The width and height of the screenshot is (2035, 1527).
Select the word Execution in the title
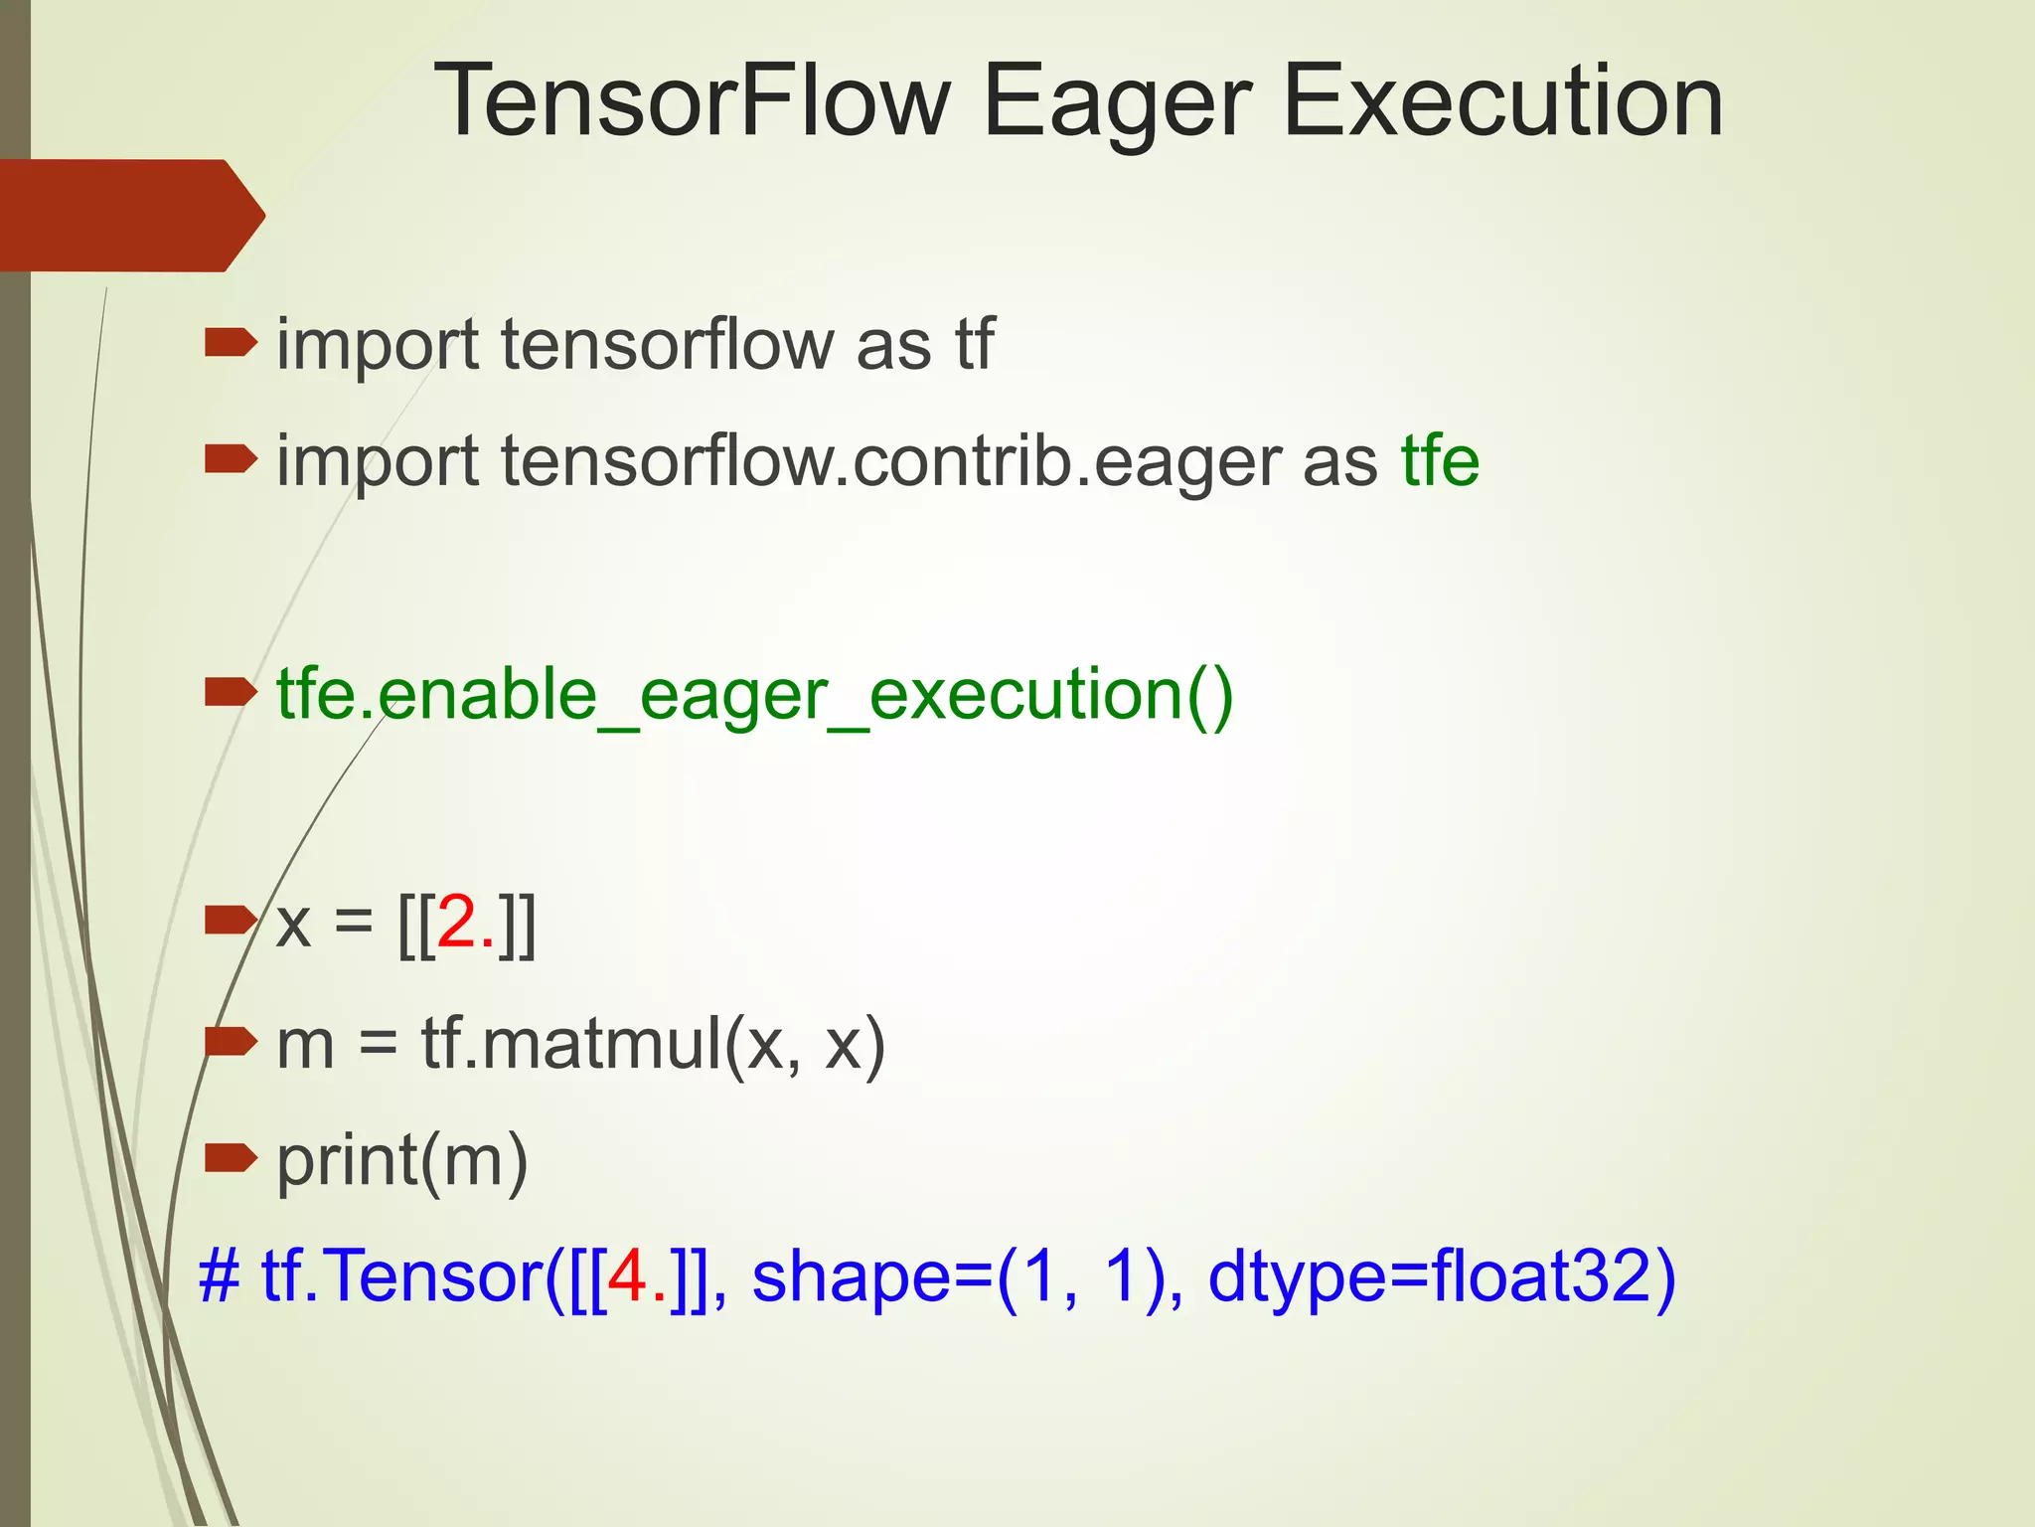pyautogui.click(x=1502, y=101)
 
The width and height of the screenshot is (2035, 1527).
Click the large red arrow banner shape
pyautogui.click(x=129, y=215)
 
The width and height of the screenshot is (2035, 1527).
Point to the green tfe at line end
pyautogui.click(x=1440, y=460)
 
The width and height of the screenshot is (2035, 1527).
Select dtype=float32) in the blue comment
pyautogui.click(x=1441, y=1276)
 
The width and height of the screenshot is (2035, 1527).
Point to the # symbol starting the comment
pyautogui.click(x=219, y=1276)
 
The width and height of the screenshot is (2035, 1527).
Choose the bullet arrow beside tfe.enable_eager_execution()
pyautogui.click(x=230, y=692)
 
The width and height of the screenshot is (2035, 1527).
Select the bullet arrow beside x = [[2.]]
pyautogui.click(x=230, y=921)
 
